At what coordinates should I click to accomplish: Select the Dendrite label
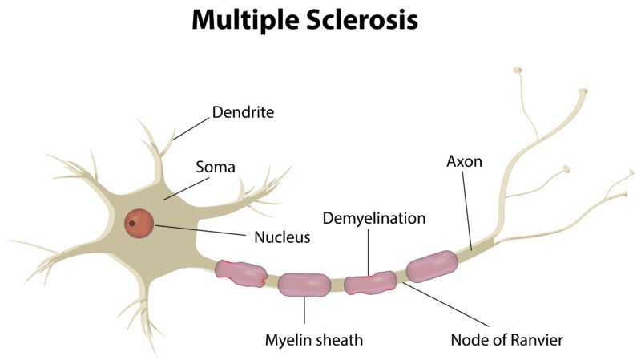click(x=243, y=112)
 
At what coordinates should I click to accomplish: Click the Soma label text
click(x=216, y=168)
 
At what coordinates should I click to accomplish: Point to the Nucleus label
click(x=281, y=237)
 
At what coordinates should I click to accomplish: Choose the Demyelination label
click(x=373, y=218)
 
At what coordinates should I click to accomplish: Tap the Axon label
click(x=464, y=161)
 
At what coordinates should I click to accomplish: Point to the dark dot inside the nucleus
click(x=131, y=223)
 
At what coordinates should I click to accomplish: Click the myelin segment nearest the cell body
click(x=240, y=273)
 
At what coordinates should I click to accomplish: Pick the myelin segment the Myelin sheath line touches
click(x=304, y=284)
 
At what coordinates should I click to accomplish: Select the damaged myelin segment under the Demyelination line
click(x=370, y=282)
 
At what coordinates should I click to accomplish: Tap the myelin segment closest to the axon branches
click(x=432, y=265)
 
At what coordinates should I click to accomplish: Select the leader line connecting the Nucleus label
click(x=200, y=231)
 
